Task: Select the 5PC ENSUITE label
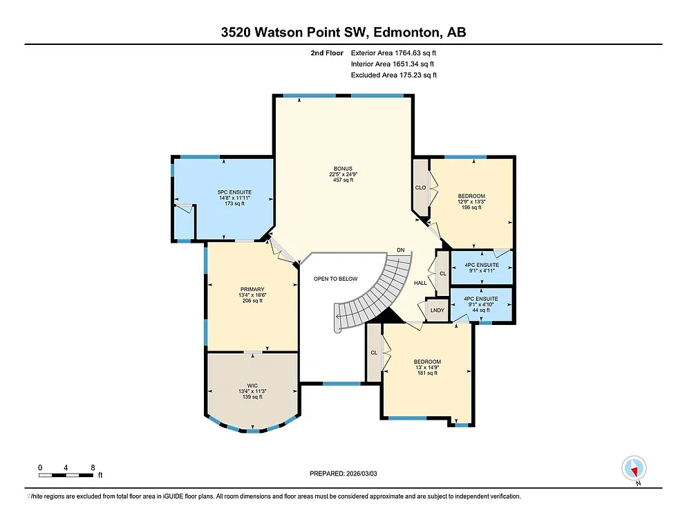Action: click(234, 197)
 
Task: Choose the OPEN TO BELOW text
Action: click(336, 279)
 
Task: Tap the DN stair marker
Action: click(400, 250)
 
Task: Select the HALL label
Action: click(420, 283)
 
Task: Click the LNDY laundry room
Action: click(437, 310)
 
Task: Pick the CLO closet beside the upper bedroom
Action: click(420, 187)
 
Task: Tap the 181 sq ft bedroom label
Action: click(427, 367)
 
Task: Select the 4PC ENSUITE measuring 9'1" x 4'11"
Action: click(481, 268)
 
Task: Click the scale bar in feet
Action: click(66, 474)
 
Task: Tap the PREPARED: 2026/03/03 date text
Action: click(343, 474)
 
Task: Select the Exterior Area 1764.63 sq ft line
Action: click(393, 53)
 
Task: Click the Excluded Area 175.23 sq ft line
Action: click(393, 75)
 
